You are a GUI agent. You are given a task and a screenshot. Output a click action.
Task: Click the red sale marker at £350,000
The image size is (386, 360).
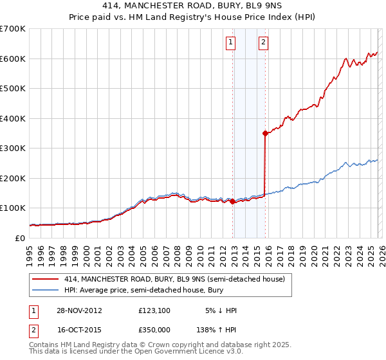[265, 134]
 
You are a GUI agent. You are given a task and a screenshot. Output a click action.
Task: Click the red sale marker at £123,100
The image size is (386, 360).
[232, 201]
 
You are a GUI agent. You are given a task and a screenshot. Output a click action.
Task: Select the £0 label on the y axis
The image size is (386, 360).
[21, 238]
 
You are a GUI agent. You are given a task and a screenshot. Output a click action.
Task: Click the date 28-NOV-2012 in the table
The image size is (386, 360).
[80, 310]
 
